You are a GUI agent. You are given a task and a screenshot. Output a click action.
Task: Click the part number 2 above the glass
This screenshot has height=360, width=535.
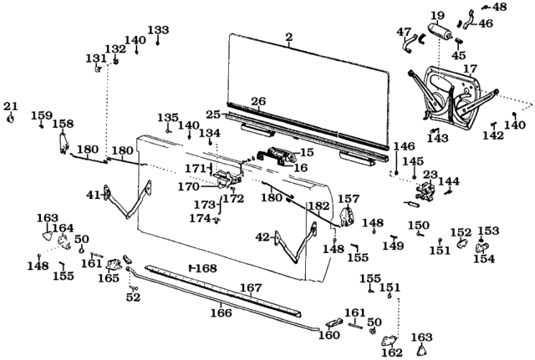(288, 37)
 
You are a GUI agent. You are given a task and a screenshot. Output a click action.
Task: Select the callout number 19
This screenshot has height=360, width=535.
(437, 15)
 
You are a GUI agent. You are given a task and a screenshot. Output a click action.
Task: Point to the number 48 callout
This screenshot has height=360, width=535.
(499, 8)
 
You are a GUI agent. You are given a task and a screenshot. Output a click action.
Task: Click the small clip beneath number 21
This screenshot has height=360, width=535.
(11, 118)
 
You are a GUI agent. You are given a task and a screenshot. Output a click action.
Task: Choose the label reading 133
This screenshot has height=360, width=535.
(158, 30)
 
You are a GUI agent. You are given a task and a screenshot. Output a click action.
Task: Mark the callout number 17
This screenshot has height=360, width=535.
(470, 68)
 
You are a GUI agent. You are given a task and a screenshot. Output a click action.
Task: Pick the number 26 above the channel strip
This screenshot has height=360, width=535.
(259, 102)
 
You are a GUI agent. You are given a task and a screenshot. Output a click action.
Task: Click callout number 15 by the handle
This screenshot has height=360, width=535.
(307, 152)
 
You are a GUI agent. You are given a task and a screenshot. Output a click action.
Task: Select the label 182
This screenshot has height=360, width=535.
(318, 205)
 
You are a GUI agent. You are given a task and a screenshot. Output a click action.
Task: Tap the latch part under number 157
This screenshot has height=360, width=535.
(347, 216)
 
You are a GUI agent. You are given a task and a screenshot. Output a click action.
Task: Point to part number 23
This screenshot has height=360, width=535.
(431, 175)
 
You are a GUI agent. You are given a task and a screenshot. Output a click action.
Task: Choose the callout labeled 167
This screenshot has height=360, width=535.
(252, 287)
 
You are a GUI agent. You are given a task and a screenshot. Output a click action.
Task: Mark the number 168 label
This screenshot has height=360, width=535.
(206, 268)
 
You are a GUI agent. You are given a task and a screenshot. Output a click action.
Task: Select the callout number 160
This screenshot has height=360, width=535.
(330, 336)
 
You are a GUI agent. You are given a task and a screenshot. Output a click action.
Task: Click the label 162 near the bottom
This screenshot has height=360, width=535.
(392, 352)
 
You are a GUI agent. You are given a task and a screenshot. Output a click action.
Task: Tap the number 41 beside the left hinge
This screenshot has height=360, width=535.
(93, 195)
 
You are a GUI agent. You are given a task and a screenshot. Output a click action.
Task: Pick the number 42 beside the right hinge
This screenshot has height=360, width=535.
(262, 237)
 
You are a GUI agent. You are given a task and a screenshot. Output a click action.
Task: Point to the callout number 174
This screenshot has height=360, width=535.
(199, 219)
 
